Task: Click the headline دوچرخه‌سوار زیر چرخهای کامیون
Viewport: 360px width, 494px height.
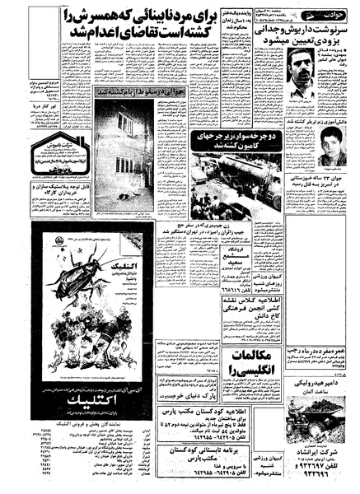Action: coord(229,138)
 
